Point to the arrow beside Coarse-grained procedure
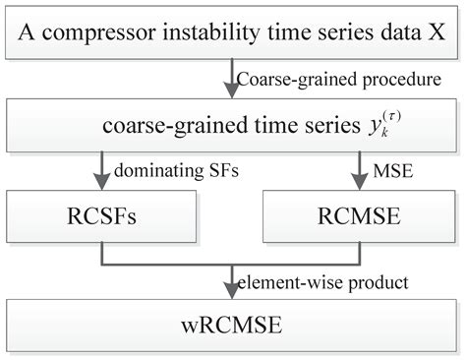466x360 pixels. (x=231, y=82)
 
